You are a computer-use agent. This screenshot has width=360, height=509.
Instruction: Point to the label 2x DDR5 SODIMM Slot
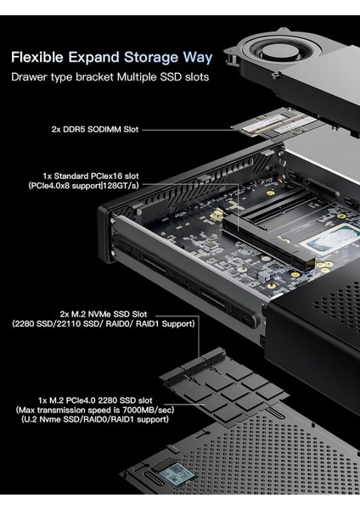click(x=93, y=130)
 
